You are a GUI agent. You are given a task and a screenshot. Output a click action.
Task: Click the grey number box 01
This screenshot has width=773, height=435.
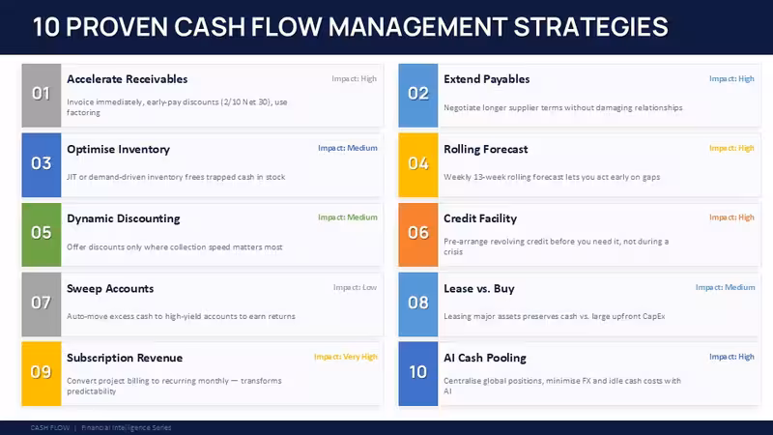click(x=42, y=95)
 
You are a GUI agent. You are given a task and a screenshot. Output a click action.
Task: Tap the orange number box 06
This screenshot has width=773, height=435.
click(x=418, y=235)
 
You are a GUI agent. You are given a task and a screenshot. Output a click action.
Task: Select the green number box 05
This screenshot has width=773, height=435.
click(x=42, y=235)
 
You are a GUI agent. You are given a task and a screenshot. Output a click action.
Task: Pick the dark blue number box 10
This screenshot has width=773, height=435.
click(x=418, y=374)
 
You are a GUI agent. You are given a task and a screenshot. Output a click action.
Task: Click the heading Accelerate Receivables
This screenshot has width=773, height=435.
click(x=128, y=79)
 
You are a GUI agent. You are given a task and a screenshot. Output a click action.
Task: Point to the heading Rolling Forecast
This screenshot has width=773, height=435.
click(x=486, y=149)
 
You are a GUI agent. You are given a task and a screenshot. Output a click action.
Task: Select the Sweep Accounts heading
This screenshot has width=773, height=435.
click(x=110, y=288)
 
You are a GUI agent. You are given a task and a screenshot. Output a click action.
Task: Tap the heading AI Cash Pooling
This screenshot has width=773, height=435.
click(x=485, y=358)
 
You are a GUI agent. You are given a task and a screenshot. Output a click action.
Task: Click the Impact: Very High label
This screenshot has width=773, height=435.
click(x=346, y=357)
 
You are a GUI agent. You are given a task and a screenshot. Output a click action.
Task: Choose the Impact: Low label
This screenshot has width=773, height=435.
click(x=355, y=287)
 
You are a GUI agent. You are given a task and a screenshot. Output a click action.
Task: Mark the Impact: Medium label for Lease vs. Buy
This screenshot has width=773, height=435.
click(x=726, y=287)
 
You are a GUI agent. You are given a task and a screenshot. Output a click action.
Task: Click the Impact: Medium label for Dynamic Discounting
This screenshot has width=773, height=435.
click(x=348, y=217)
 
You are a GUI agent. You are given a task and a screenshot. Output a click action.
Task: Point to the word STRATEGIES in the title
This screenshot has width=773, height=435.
click(x=590, y=27)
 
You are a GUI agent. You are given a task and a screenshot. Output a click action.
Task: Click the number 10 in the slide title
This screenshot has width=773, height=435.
click(x=45, y=27)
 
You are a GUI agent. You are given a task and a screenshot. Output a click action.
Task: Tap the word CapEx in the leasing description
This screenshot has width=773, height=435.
click(x=654, y=316)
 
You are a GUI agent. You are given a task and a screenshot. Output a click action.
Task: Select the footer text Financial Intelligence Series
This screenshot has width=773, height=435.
click(x=127, y=427)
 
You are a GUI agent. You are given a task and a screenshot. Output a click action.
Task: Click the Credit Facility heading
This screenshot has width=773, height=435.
click(x=480, y=218)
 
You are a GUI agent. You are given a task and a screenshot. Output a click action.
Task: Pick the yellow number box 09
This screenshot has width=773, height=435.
click(x=42, y=374)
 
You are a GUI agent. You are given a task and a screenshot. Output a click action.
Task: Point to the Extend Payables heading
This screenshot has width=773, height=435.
click(x=487, y=79)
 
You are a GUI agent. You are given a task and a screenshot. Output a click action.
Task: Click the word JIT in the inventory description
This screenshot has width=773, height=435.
click(x=72, y=177)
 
